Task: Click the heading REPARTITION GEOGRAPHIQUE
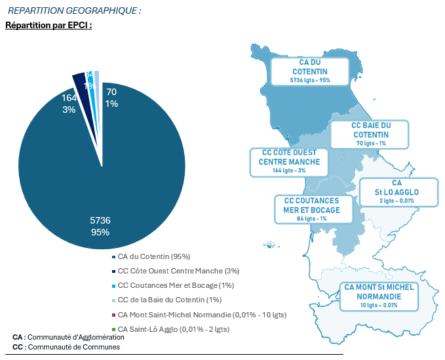(x=74, y=11)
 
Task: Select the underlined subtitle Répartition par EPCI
(x=48, y=26)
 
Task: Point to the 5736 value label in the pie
(x=100, y=220)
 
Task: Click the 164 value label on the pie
(x=69, y=98)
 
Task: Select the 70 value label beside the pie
(x=111, y=92)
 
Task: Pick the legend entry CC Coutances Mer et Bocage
(x=167, y=285)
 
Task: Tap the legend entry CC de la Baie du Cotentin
(x=165, y=300)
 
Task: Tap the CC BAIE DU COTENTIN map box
(x=370, y=134)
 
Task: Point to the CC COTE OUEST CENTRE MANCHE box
(x=289, y=161)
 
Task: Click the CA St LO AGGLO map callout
(x=397, y=191)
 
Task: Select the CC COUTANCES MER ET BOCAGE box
(x=311, y=209)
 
